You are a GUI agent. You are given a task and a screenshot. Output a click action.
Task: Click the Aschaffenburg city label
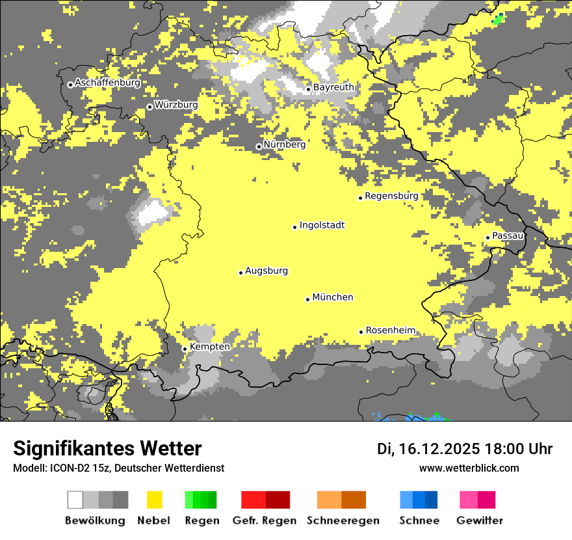pyautogui.click(x=107, y=83)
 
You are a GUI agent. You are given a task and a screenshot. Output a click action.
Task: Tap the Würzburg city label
pyautogui.click(x=176, y=105)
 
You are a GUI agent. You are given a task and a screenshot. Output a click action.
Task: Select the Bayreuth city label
pyautogui.click(x=333, y=87)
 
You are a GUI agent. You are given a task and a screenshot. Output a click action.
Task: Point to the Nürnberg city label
pyautogui.click(x=284, y=144)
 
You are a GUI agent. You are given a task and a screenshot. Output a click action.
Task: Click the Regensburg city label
pyautogui.click(x=391, y=196)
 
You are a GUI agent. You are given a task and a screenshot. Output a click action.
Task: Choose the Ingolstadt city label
pyautogui.click(x=322, y=225)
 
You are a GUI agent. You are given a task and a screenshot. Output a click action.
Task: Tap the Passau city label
pyautogui.click(x=508, y=236)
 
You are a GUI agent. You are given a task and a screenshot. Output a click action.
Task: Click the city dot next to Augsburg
pyautogui.click(x=240, y=273)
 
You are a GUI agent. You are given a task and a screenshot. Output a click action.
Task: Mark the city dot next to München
pyautogui.click(x=307, y=299)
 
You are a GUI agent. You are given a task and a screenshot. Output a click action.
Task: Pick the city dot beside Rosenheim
pyautogui.click(x=361, y=332)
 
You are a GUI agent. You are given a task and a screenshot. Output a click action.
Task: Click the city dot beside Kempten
pyautogui.click(x=185, y=349)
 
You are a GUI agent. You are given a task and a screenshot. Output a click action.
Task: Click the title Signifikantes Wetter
pyautogui.click(x=107, y=449)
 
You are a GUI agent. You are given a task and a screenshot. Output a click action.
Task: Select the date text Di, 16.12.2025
pyautogui.click(x=428, y=449)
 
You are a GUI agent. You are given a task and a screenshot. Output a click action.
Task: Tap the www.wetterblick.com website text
pyautogui.click(x=469, y=468)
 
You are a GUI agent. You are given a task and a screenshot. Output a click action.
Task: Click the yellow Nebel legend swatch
pyautogui.click(x=154, y=500)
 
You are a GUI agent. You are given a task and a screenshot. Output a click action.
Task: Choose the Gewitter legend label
pyautogui.click(x=479, y=520)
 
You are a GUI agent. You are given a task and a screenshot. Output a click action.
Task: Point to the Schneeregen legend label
pyautogui.click(x=342, y=520)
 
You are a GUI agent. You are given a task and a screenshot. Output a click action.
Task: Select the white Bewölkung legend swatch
pyautogui.click(x=75, y=500)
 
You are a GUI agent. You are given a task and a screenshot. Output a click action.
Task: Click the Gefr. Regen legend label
pyautogui.click(x=264, y=520)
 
